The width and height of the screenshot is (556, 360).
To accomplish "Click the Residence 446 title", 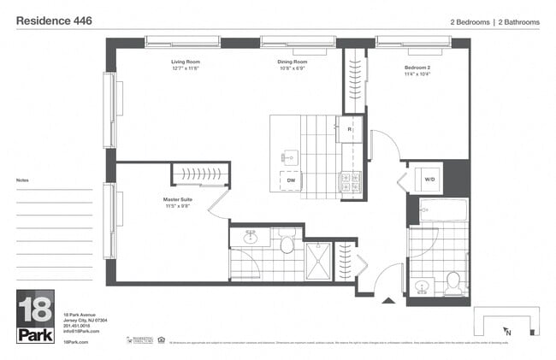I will click(55, 19).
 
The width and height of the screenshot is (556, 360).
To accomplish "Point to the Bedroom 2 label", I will click(417, 68).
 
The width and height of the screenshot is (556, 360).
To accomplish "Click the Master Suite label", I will click(177, 202).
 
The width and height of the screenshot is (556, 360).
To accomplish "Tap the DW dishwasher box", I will click(291, 180).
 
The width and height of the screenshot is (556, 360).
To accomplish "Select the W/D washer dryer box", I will click(429, 180).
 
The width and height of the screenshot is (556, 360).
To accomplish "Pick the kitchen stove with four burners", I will click(351, 181).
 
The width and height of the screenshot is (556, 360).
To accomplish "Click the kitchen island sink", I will click(291, 156).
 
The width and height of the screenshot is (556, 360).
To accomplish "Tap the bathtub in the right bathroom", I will click(442, 210).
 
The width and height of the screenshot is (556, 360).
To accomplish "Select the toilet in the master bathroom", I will click(287, 245).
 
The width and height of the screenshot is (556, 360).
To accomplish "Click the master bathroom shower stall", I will click(318, 260).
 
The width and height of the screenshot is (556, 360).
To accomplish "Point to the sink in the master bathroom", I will click(250, 238).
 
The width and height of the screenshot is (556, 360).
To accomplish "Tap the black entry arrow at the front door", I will click(388, 300).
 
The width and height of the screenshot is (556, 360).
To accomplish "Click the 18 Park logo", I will click(35, 316).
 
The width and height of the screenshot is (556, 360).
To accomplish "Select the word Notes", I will click(22, 180).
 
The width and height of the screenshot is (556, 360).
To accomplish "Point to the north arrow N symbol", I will click(507, 332).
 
